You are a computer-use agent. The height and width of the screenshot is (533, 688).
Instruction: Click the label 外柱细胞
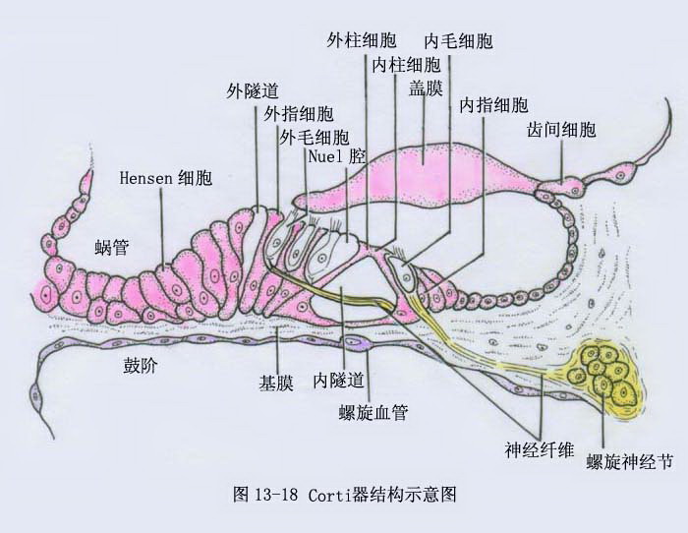tap(362, 41)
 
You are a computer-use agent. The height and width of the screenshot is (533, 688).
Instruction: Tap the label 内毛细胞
tap(459, 41)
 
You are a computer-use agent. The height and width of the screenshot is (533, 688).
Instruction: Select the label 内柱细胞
tap(406, 66)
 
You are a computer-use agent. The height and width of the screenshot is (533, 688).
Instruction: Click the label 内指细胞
tap(493, 105)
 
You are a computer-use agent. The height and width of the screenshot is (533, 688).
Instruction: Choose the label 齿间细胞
tap(561, 130)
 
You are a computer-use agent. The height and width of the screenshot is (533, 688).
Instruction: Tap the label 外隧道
tap(253, 91)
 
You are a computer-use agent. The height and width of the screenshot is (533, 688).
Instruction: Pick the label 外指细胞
tap(299, 114)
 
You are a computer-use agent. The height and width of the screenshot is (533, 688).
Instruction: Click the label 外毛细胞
tap(315, 138)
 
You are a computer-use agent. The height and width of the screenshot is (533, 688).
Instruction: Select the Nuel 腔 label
tap(337, 156)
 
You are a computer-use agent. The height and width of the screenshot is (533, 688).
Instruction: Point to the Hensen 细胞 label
tap(166, 178)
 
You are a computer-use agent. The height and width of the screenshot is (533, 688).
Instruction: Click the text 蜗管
tap(112, 248)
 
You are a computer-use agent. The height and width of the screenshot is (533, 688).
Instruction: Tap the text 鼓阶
tap(140, 365)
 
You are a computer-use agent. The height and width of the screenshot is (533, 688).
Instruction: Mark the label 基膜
tap(276, 384)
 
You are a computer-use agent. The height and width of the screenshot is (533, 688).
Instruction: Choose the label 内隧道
tap(339, 381)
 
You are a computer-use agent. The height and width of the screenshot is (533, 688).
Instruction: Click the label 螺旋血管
tap(373, 413)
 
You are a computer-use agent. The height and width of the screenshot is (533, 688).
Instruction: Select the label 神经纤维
tap(540, 450)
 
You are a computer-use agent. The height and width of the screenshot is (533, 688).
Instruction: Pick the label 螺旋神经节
tap(630, 462)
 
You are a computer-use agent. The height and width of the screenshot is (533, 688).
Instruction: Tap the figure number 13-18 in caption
tap(275, 495)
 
